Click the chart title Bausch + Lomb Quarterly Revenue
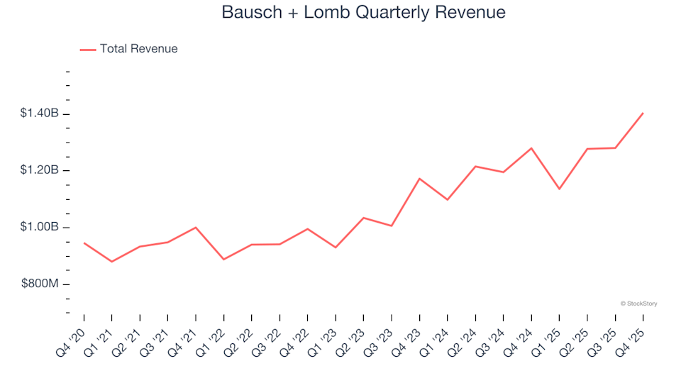tap(363, 13)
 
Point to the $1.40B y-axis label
tap(40, 113)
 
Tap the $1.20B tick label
tap(40, 170)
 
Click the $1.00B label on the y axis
tap(40, 227)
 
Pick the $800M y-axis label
tap(40, 284)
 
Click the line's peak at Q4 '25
tap(643, 113)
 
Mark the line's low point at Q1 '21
tap(111, 262)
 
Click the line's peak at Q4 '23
tap(419, 179)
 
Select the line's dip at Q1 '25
tap(559, 189)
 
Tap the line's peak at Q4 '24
tap(531, 148)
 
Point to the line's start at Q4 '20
tap(84, 243)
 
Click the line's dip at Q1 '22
tap(223, 259)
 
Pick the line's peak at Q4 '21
tap(196, 228)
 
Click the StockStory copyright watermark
tap(638, 304)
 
